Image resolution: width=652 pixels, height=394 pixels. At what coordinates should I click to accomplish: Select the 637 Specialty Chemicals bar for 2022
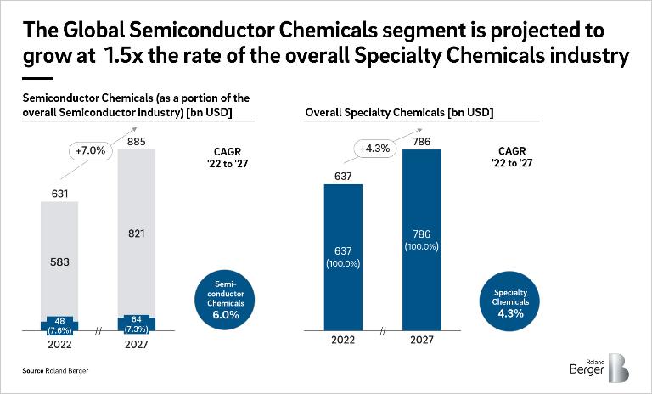(x=344, y=255)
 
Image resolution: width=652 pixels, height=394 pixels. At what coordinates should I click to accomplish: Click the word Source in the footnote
(x=34, y=372)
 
